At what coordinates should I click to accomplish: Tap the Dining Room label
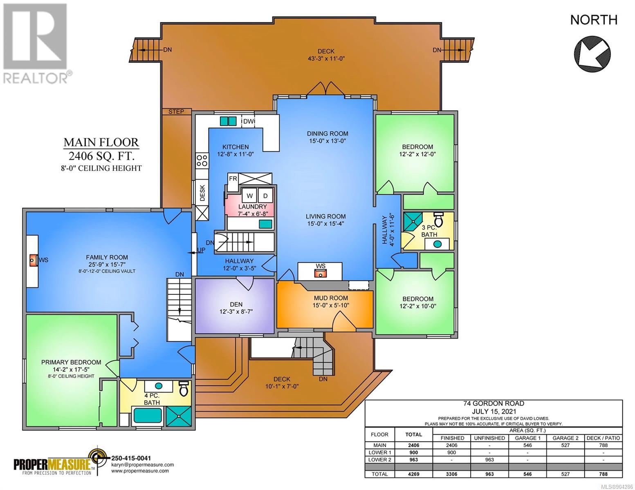(x=327, y=134)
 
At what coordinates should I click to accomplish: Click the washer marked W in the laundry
(x=249, y=195)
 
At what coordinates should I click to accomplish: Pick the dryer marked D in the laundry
(x=265, y=195)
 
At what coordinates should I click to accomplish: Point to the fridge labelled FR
(x=233, y=178)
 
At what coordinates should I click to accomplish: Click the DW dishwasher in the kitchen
(x=248, y=121)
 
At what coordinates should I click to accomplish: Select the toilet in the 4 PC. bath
(x=184, y=388)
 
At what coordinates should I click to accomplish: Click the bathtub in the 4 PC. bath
(x=148, y=416)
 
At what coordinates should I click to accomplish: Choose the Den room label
(x=236, y=304)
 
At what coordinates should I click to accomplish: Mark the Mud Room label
(x=331, y=298)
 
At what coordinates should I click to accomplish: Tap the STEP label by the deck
(x=176, y=111)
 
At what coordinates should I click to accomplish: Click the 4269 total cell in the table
(x=413, y=474)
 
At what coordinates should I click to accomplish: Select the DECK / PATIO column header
(x=603, y=438)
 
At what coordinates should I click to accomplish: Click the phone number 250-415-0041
(x=131, y=458)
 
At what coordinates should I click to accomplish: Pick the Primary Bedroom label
(x=71, y=362)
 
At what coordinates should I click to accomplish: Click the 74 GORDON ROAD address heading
(x=494, y=403)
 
